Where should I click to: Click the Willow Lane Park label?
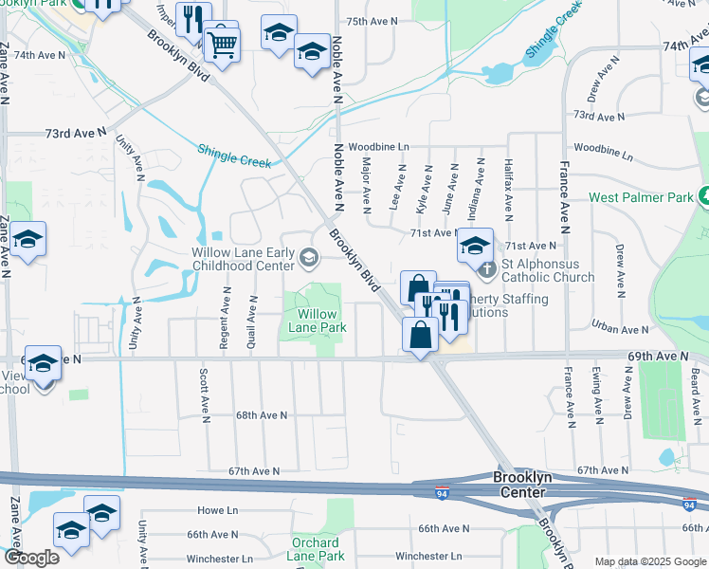pos(318,321)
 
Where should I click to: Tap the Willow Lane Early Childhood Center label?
pos(244,259)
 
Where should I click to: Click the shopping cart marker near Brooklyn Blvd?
pos(222,43)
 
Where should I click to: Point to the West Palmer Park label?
pos(643,197)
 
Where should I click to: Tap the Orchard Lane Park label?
pos(316,549)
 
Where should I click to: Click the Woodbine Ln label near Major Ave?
pos(378,147)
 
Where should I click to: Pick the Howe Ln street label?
pos(217,510)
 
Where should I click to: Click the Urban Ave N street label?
pos(618,328)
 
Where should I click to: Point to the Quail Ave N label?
pos(252,322)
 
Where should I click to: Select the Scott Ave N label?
pos(204,395)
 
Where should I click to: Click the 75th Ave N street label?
pos(372,21)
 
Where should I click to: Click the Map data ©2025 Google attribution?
pos(650,561)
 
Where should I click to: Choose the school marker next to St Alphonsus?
pos(475,247)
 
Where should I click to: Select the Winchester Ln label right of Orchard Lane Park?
pos(428,556)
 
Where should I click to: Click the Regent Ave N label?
pos(226,322)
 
